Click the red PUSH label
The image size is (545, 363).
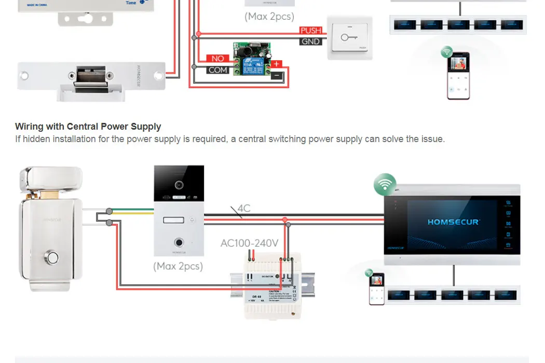click(311, 31)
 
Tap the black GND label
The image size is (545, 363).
click(310, 41)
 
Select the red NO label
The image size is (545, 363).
click(218, 59)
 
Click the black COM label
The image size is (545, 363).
click(218, 70)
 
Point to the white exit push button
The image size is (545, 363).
click(349, 38)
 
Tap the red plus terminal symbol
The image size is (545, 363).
click(277, 64)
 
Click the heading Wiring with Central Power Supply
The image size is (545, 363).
click(88, 127)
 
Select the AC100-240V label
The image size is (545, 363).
click(249, 243)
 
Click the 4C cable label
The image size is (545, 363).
click(244, 208)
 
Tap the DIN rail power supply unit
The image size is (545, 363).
click(272, 285)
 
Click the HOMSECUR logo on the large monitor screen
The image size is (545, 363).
click(454, 222)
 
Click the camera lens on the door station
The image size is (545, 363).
click(179, 185)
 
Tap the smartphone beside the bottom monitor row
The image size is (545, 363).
click(376, 289)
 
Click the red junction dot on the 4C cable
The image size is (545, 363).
click(284, 220)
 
